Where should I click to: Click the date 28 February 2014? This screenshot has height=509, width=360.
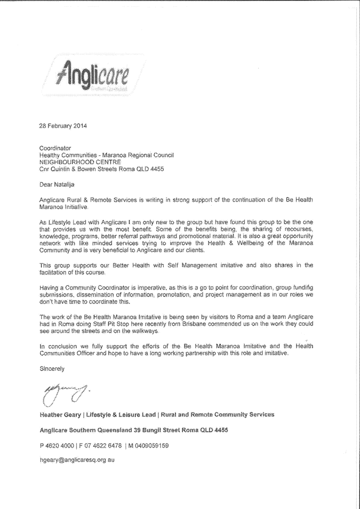click(63, 126)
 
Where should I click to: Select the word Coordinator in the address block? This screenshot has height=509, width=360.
click(55, 148)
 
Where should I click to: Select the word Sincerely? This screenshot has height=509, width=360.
click(52, 368)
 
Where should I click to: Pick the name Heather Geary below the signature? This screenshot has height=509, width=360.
click(59, 415)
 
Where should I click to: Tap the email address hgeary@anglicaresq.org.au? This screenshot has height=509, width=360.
click(77, 459)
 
